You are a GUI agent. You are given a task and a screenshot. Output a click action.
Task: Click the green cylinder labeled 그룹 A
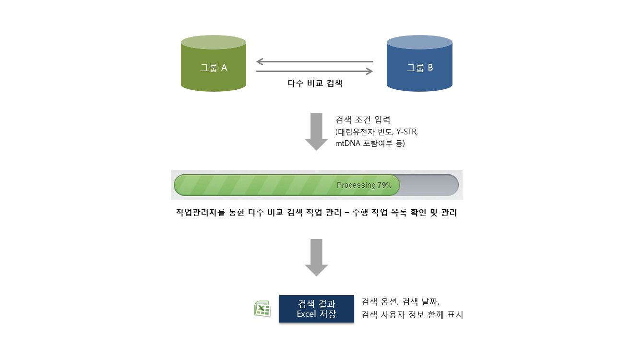(x=214, y=64)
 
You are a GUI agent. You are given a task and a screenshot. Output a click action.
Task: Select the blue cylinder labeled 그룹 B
(x=419, y=64)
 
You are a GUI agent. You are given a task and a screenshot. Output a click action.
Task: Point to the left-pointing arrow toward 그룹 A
(x=314, y=61)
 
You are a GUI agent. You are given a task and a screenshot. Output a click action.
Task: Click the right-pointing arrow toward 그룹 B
(x=314, y=71)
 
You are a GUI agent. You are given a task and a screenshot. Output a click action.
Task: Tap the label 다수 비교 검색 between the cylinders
(x=315, y=84)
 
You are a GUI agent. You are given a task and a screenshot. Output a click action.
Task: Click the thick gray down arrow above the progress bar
(x=316, y=132)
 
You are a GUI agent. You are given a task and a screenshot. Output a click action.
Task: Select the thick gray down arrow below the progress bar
(x=316, y=258)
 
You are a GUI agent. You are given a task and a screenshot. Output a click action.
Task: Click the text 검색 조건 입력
(x=363, y=120)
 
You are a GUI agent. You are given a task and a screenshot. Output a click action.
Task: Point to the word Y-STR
(x=407, y=132)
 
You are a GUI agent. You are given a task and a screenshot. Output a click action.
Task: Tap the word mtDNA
(x=348, y=144)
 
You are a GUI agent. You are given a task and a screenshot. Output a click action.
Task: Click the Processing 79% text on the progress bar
(x=364, y=185)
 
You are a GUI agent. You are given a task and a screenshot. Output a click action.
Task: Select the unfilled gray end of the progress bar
(x=429, y=185)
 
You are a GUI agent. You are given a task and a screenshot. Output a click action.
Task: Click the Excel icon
(x=262, y=309)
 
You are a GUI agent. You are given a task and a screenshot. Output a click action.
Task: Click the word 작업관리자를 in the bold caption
(x=201, y=212)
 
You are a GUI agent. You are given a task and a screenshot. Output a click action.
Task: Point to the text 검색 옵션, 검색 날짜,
(x=400, y=302)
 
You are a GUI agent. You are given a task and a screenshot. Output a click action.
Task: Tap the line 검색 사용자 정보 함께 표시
(x=412, y=315)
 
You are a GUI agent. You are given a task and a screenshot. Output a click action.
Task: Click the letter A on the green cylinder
(x=224, y=68)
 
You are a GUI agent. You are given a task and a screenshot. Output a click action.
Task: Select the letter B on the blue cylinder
(x=430, y=67)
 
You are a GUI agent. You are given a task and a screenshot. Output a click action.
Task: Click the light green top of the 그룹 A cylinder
(x=214, y=42)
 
